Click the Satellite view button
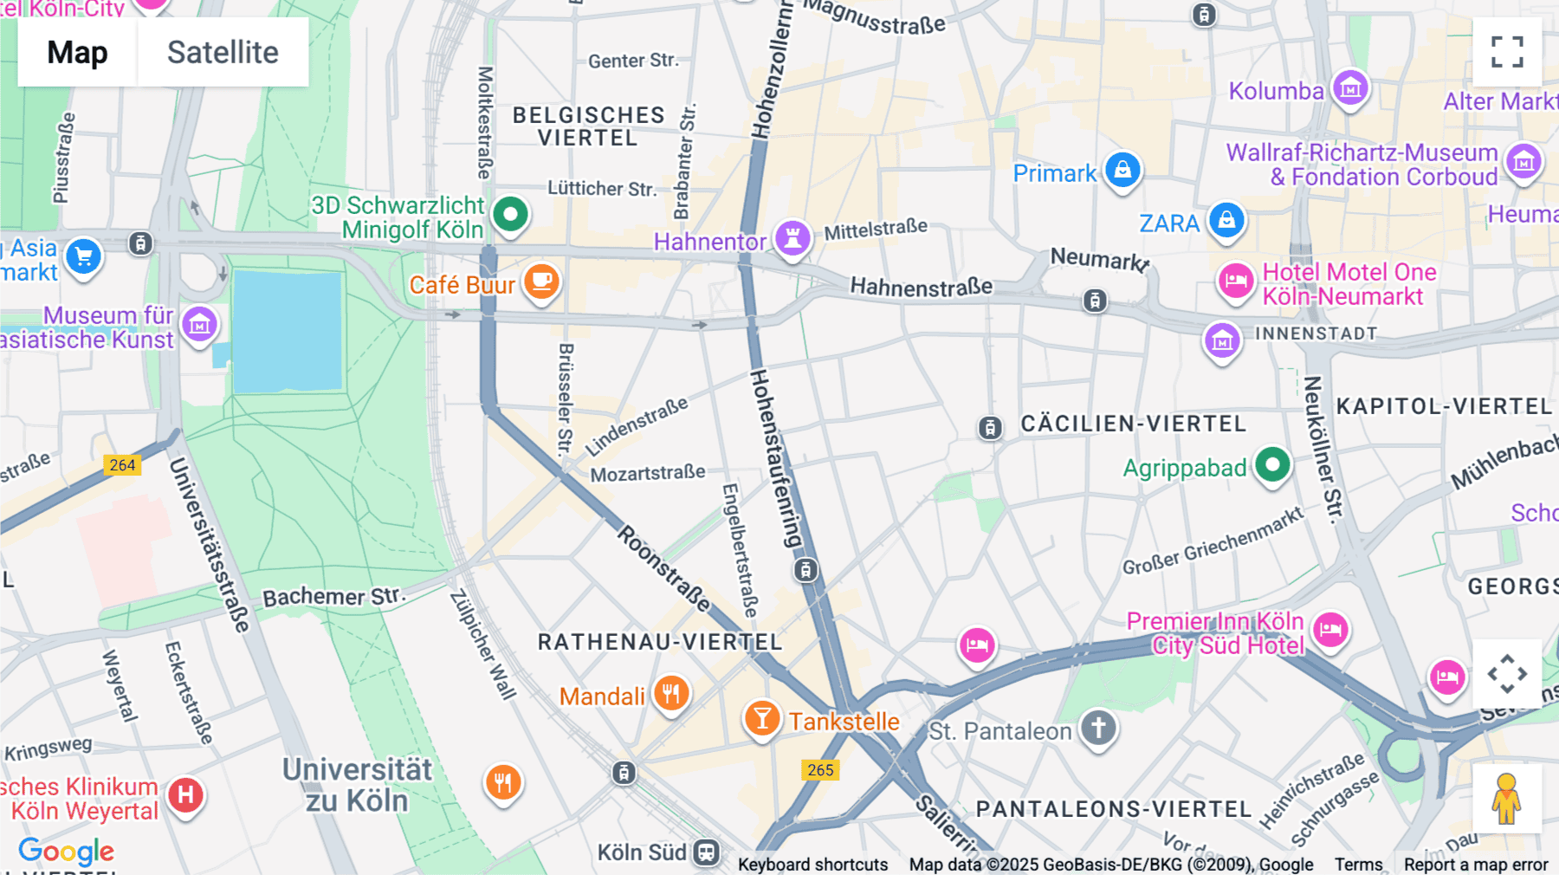[223, 52]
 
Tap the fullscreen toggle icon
[1507, 52]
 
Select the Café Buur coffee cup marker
[542, 282]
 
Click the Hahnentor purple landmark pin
[792, 237]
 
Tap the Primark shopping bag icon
[1122, 170]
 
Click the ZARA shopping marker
[1226, 220]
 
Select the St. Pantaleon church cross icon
[1098, 728]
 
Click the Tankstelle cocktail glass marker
[762, 718]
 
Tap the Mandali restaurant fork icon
[671, 693]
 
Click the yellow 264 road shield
[122, 465]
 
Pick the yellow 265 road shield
[820, 770]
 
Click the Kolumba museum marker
[1350, 87]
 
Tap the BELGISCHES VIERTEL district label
[588, 126]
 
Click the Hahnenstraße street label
[921, 287]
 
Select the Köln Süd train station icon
[707, 852]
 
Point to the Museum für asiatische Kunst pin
[200, 325]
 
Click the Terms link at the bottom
[1358, 865]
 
